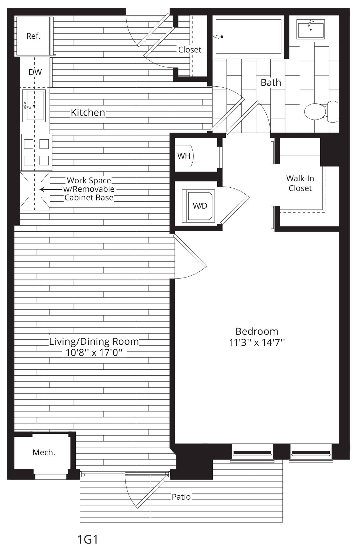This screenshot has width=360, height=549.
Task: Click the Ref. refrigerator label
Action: [33, 36]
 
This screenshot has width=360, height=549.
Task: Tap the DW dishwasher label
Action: [35, 72]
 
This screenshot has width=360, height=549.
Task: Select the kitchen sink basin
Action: [34, 106]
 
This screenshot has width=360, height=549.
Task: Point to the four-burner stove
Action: [36, 152]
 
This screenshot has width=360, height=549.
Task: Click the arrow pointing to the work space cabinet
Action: [51, 190]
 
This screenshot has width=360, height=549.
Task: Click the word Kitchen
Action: [88, 113]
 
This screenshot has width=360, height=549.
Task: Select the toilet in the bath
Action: [321, 112]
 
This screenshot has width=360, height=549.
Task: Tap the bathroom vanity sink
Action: [311, 28]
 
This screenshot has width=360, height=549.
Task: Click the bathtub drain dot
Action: [222, 37]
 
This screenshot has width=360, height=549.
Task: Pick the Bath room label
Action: [271, 83]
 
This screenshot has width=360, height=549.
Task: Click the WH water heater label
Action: [184, 156]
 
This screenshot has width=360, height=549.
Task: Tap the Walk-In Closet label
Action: [300, 183]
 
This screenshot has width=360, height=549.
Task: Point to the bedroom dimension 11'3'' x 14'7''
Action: [257, 343]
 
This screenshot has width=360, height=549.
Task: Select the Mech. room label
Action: [44, 452]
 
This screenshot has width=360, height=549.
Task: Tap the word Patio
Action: [181, 497]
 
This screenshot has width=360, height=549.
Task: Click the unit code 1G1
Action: [87, 539]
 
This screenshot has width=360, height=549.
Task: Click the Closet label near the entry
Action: [190, 50]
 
